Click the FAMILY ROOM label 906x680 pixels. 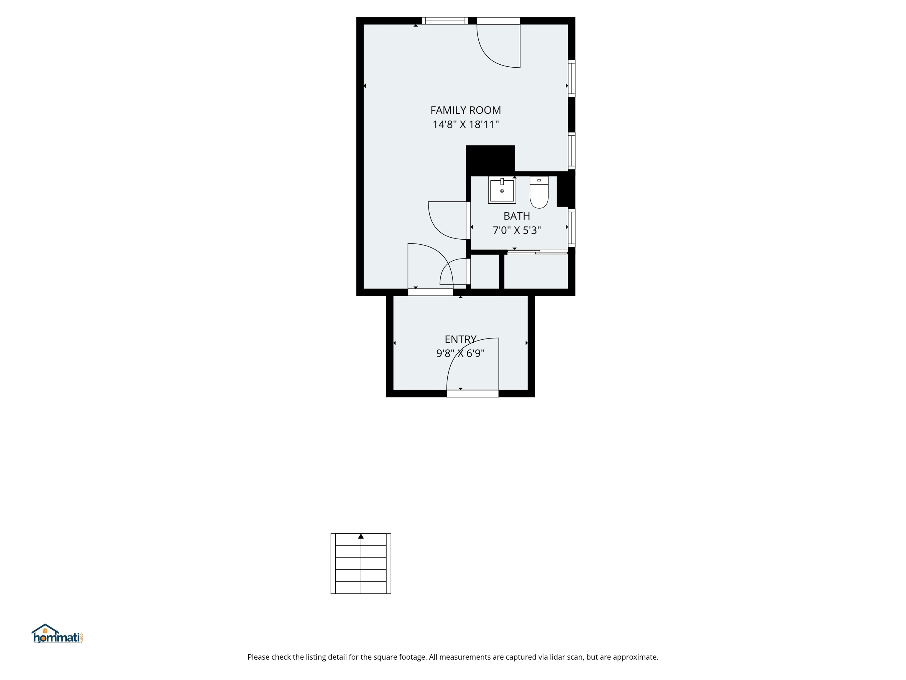465,110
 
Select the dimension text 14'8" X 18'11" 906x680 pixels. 465,125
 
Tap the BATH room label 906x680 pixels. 516,216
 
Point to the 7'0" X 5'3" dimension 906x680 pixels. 516,230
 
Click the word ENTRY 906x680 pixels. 460,339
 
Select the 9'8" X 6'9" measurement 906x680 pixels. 460,353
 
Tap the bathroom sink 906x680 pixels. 502,191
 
